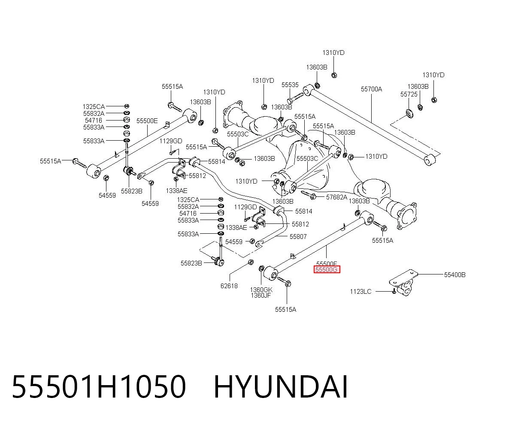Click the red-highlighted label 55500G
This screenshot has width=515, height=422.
327,270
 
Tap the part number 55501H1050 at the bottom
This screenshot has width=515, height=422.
99,387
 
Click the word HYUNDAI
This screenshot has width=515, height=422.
281,387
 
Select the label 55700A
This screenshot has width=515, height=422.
371,89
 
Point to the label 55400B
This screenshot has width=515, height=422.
454,274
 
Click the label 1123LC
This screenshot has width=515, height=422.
360,292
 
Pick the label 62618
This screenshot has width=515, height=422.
229,286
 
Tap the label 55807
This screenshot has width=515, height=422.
298,236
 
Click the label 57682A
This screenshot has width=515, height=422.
336,197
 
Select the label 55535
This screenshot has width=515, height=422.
290,84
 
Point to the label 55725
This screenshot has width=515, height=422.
409,94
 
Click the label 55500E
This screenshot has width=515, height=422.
147,121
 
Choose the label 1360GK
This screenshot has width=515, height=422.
261,290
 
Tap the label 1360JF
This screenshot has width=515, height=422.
261,295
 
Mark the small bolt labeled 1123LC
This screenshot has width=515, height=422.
394,292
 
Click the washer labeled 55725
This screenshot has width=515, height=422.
409,114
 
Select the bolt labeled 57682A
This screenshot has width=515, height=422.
309,195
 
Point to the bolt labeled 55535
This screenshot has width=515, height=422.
295,98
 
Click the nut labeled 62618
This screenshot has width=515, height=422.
251,262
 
